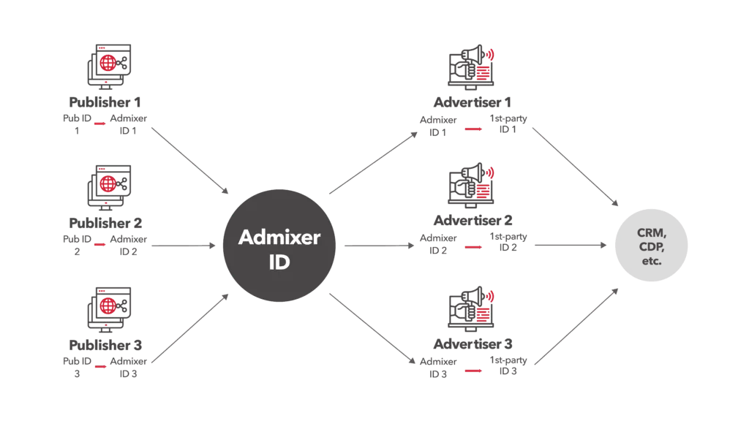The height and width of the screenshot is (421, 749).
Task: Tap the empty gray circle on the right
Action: click(650, 246)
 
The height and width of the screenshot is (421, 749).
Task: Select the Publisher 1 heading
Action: click(106, 102)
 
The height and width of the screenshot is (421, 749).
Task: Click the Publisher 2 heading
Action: click(106, 223)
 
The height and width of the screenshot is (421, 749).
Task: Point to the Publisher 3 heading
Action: click(106, 345)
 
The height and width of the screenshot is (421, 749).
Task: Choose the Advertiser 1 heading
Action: click(473, 102)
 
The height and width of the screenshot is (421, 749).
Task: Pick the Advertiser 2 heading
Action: click(473, 220)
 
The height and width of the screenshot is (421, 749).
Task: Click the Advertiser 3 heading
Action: click(473, 344)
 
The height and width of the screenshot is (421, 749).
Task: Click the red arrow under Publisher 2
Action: click(99, 246)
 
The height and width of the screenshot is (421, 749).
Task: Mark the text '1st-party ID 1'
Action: click(508, 124)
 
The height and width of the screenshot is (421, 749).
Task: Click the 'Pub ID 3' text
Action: click(76, 367)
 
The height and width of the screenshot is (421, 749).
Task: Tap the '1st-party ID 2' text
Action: click(508, 242)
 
